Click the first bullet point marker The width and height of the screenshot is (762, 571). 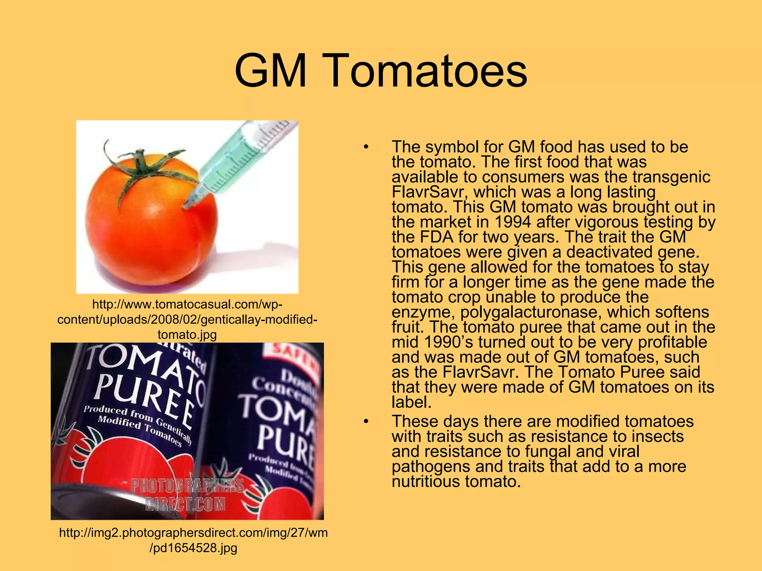point(366,147)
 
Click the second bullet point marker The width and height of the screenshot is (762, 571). point(366,422)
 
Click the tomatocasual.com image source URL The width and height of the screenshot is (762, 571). point(187,319)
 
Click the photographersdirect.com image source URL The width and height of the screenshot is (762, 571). point(193,540)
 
